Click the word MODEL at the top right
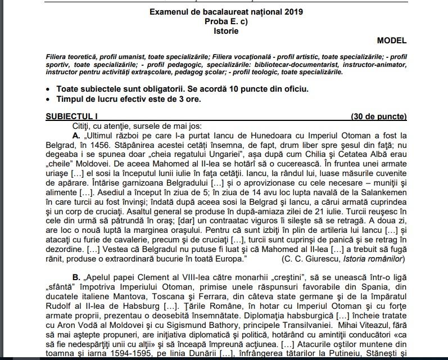391,40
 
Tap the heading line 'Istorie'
225,31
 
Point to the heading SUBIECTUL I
71,116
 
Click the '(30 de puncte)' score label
378,116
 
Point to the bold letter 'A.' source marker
76,136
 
